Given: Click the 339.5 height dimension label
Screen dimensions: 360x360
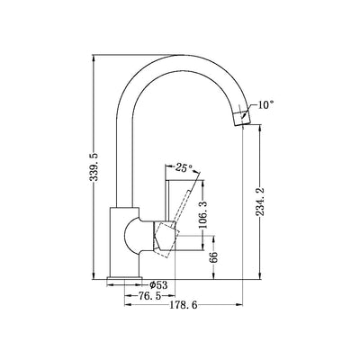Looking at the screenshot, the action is pos(94,166).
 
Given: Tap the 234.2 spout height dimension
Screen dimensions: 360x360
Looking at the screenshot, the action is pos(260,202).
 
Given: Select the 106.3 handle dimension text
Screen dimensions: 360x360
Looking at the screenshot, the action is pos(203,214).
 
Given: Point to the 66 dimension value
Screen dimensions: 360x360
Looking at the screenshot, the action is pos(213,257).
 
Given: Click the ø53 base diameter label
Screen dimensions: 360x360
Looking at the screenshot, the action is pos(158,284).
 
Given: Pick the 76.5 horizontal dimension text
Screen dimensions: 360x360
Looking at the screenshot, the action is pos(149,296).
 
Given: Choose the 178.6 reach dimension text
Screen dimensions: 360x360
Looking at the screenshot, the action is pos(184,305).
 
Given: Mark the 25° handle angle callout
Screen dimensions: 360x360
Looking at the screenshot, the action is pos(184,167).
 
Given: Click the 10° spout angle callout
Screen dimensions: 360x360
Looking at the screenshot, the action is pos(266,104).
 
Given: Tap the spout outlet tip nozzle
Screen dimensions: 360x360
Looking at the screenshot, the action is pos(241,118).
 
